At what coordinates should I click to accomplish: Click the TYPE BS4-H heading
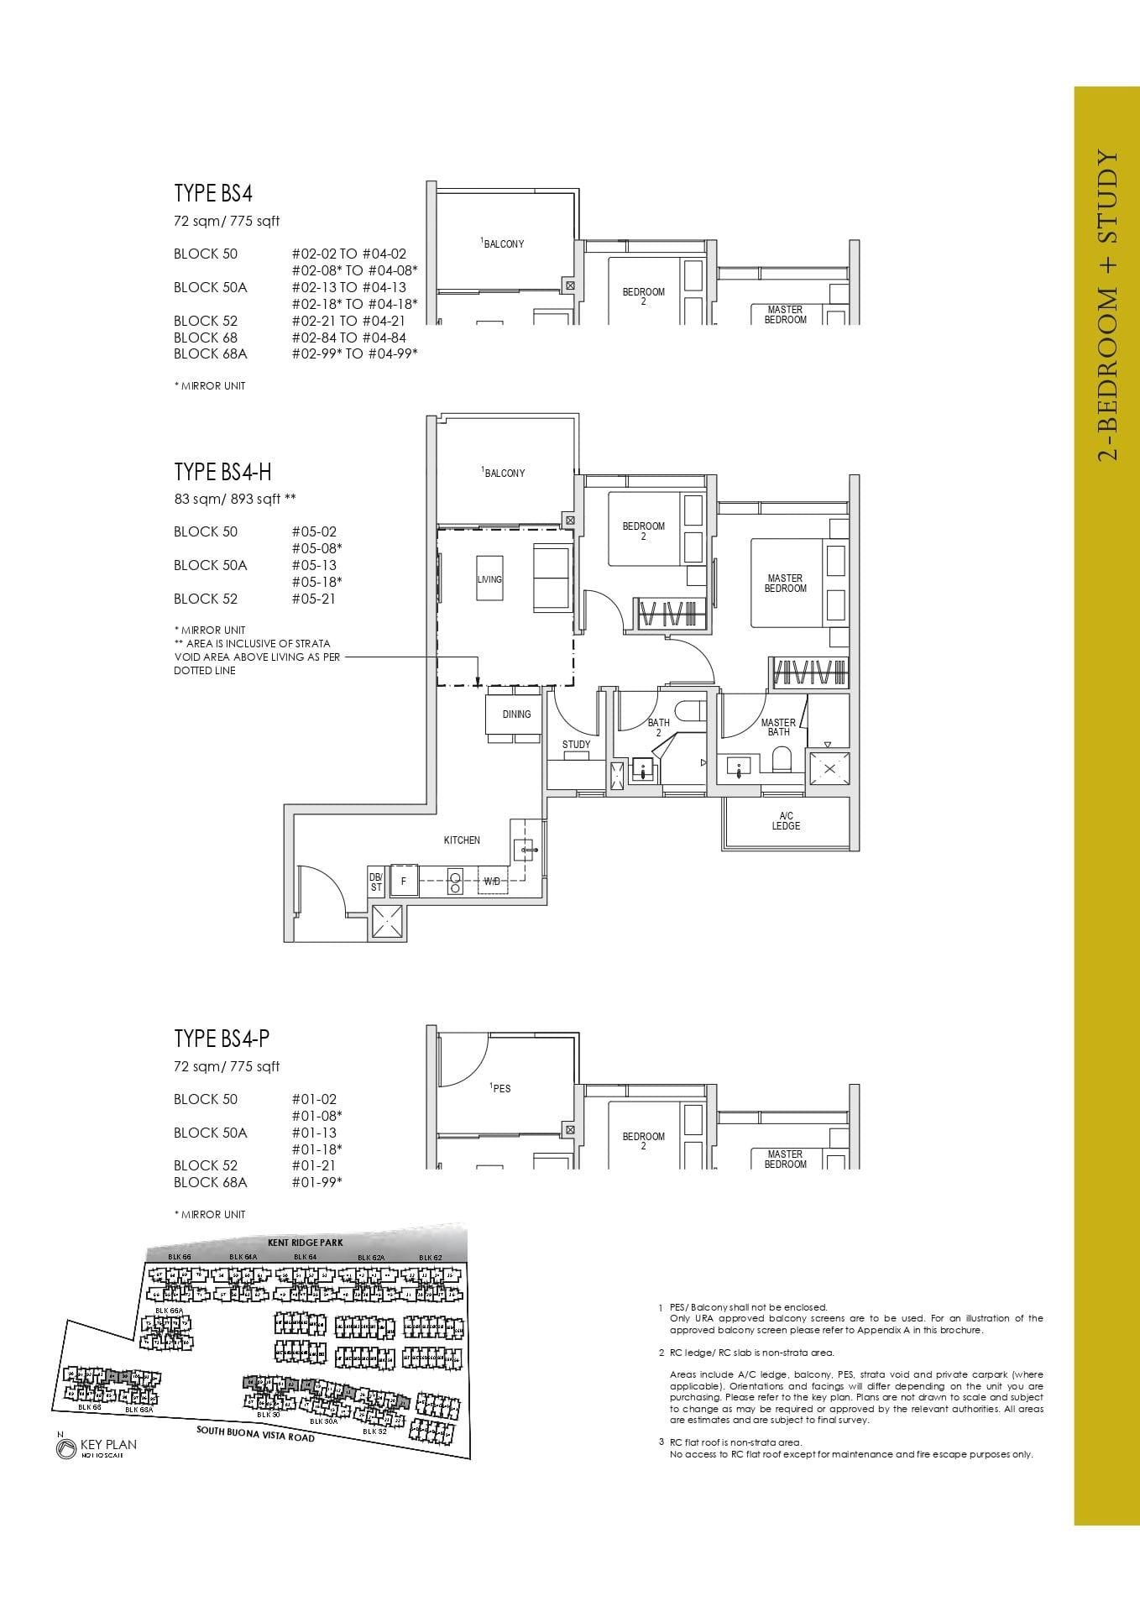point(222,471)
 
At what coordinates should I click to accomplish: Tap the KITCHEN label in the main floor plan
point(462,840)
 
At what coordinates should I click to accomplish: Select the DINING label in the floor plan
point(516,714)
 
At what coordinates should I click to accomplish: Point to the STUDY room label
point(576,745)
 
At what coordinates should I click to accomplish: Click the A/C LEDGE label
point(786,821)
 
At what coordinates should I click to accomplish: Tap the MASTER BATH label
point(778,727)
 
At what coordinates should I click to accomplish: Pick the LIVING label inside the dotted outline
point(489,579)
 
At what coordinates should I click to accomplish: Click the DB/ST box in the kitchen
point(375,882)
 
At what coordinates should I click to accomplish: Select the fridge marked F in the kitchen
point(404,882)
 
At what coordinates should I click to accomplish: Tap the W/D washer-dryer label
point(492,882)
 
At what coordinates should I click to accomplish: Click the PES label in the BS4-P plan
point(501,1088)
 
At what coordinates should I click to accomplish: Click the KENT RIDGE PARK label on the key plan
point(305,1242)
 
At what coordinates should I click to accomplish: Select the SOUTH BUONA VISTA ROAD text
point(255,1432)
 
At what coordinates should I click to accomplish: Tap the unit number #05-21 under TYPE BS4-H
point(314,599)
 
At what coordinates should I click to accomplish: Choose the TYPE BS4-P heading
point(222,1039)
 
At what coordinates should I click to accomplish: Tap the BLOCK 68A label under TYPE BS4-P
point(210,1182)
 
